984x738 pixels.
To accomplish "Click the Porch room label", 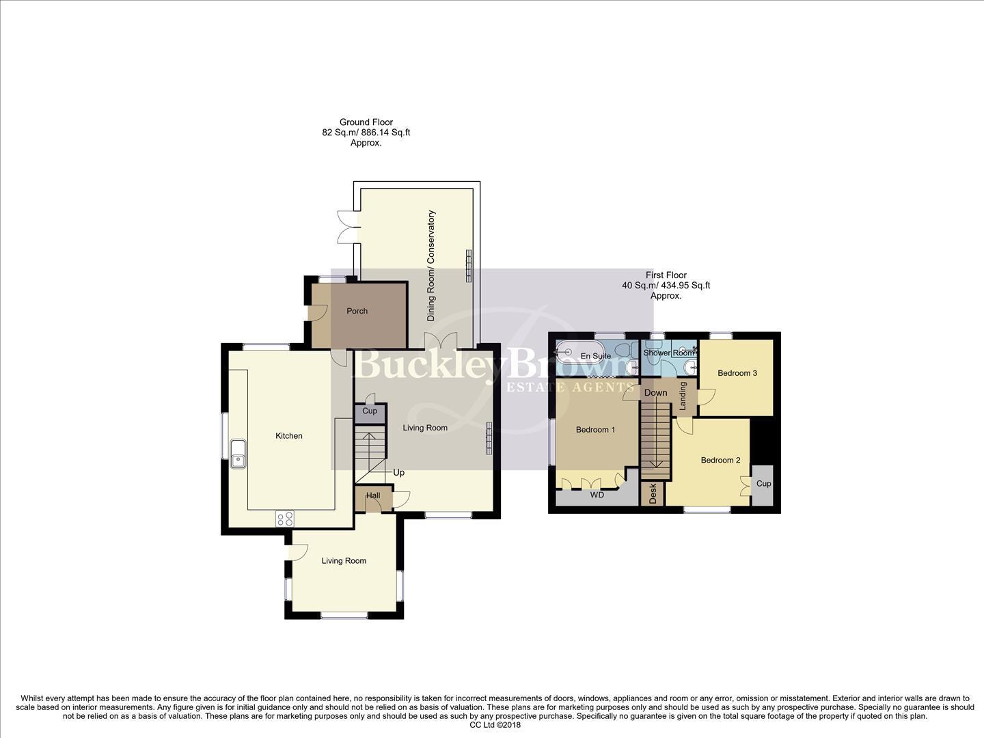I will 357,311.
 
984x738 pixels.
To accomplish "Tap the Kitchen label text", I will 288,436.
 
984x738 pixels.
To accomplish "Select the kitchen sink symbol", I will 238,454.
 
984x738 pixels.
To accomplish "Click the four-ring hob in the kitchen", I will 285,519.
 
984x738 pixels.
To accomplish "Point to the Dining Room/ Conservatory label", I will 431,266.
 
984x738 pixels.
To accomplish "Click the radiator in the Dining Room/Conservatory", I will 469,265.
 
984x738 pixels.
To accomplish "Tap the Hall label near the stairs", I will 373,495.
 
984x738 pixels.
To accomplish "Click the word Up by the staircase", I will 398,472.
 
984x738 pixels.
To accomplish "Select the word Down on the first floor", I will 655,393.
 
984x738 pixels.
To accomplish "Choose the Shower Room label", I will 668,353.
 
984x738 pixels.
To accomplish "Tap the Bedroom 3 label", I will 737,373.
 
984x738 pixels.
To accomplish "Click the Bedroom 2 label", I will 720,460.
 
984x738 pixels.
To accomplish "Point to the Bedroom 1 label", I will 595,430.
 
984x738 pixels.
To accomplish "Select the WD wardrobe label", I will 597,495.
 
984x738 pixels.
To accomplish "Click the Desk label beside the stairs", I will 653,494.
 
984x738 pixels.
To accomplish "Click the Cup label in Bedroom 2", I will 763,484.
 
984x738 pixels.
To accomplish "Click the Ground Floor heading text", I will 366,122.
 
